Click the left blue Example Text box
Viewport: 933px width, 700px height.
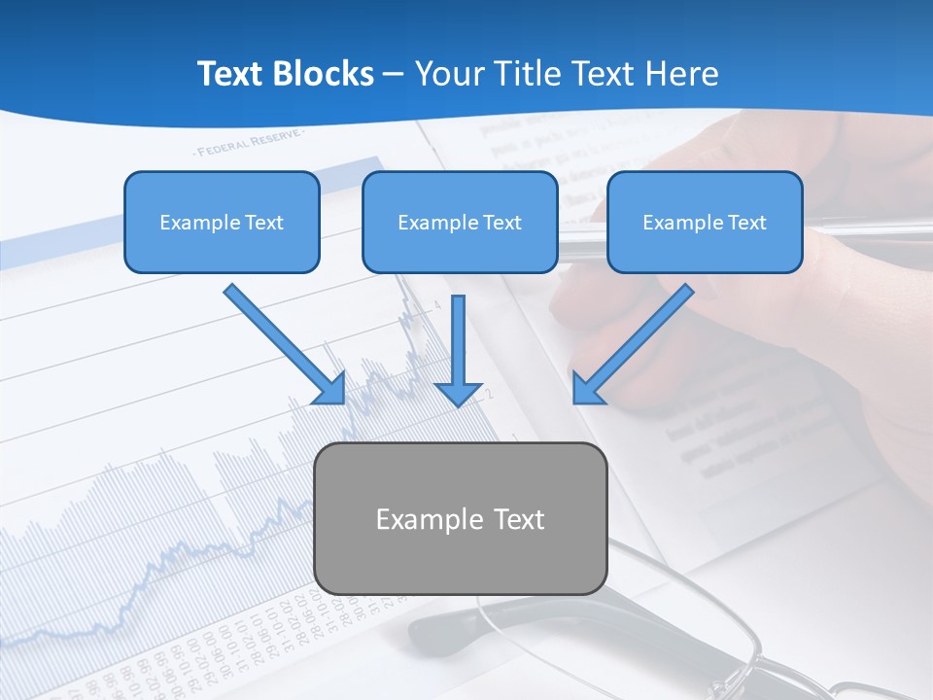pyautogui.click(x=222, y=222)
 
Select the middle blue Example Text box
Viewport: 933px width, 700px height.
pyautogui.click(x=460, y=222)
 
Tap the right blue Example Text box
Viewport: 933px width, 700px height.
pyautogui.click(x=705, y=222)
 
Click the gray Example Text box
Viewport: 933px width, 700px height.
pyautogui.click(x=461, y=518)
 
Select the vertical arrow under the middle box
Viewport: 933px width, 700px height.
pyautogui.click(x=459, y=350)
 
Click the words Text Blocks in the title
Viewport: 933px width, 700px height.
pyautogui.click(x=285, y=74)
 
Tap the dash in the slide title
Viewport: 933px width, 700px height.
pyautogui.click(x=394, y=74)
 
